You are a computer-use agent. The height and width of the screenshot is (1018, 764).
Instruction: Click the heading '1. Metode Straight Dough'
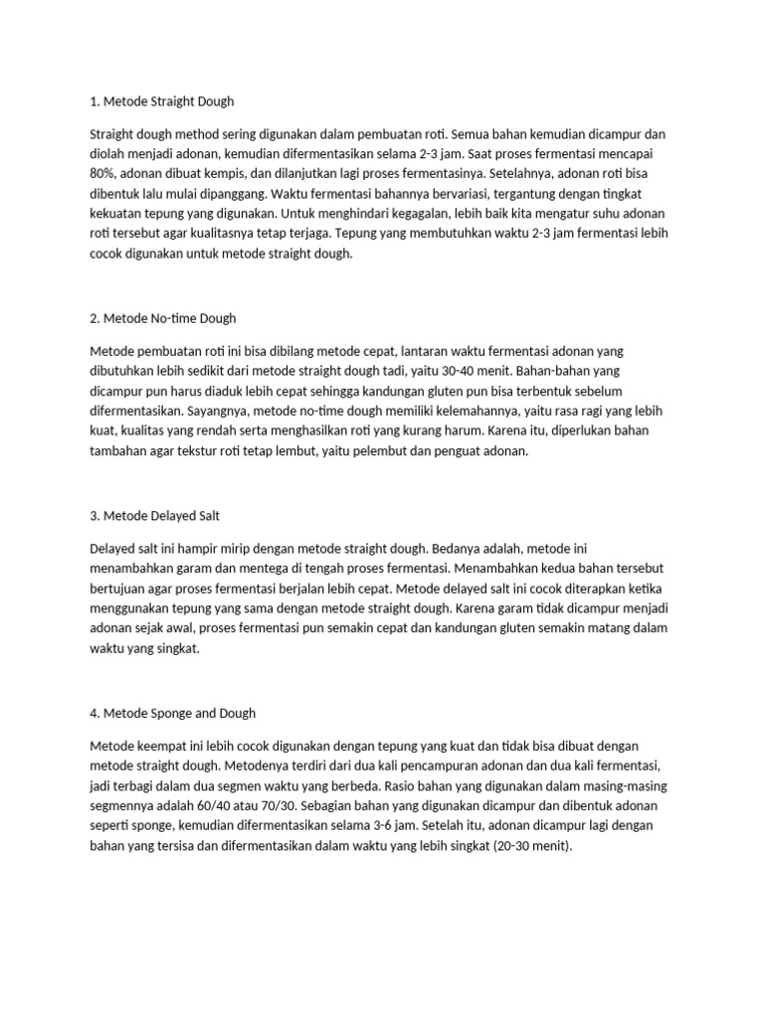[162, 101]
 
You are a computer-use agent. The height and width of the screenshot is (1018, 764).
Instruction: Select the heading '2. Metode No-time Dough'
[163, 318]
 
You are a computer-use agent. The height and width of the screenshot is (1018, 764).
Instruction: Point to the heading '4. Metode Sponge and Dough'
[173, 712]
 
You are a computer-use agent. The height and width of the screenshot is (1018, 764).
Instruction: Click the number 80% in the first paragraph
[103, 175]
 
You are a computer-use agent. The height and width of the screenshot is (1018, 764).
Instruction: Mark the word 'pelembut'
[382, 450]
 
